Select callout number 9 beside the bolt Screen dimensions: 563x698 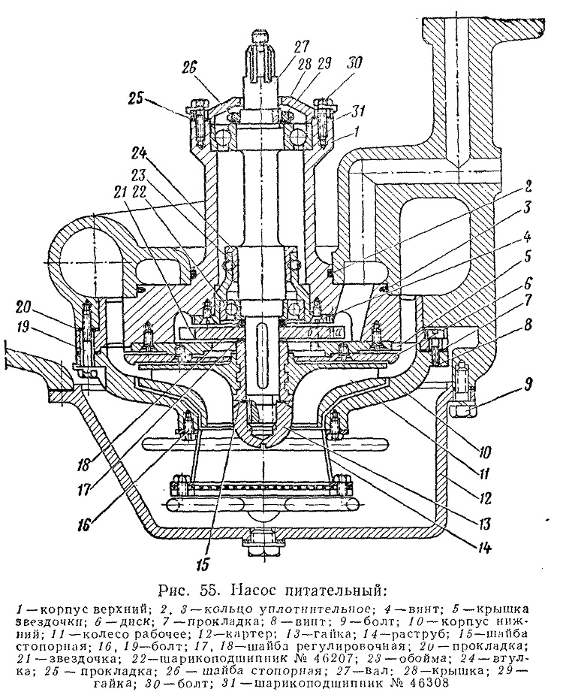tap(528, 383)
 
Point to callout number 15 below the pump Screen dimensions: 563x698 tap(203, 563)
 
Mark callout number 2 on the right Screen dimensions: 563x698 tap(528, 186)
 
